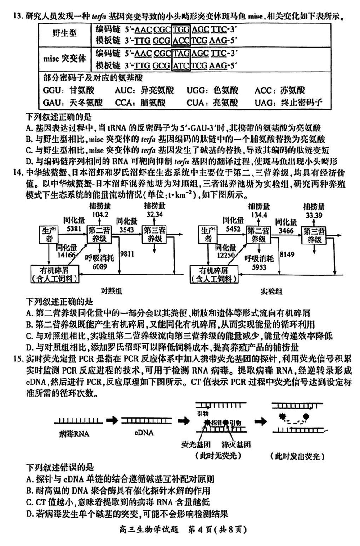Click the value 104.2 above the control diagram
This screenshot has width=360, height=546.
click(x=100, y=215)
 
